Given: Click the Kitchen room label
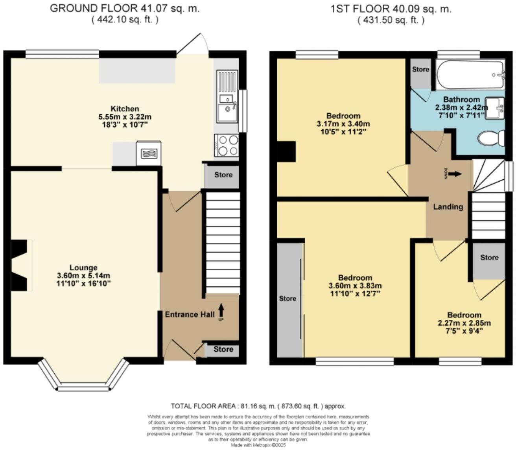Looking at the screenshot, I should [x=125, y=109].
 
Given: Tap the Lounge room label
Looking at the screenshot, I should [x=83, y=268].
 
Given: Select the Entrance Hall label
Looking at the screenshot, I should [x=190, y=314].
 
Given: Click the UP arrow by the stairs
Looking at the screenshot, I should [x=221, y=310].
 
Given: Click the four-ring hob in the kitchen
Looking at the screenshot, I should [x=227, y=145].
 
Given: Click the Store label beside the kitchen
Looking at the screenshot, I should [x=223, y=175].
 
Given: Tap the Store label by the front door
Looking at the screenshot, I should [x=223, y=349].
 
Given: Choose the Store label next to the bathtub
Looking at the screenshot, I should [x=420, y=69].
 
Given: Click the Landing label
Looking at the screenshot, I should [x=448, y=207].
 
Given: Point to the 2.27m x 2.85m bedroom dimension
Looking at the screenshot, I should [x=464, y=323].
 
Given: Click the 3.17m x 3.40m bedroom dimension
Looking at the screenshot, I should [x=343, y=124].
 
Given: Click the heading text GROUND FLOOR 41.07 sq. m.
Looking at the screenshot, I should [x=125, y=9].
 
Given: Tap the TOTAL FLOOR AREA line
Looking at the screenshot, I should [x=258, y=406].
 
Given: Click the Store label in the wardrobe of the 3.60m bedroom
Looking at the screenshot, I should [x=287, y=299].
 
